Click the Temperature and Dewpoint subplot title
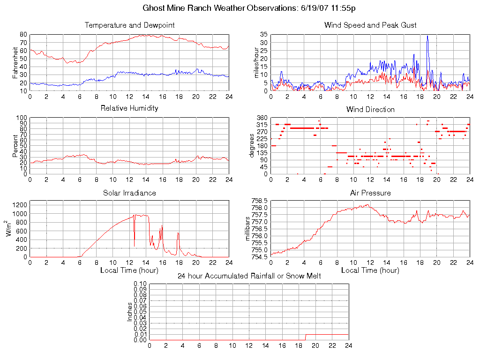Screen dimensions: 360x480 pos(128,25)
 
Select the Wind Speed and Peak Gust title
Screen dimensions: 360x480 pos(370,25)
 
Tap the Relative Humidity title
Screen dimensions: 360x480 pos(129,108)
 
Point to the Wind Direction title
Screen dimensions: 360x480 pos(370,109)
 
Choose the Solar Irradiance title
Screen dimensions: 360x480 pos(129,193)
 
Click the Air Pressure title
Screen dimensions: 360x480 pos(370,193)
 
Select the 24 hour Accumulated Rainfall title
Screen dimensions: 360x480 pos(249,276)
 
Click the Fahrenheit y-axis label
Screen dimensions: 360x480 pos(15,62)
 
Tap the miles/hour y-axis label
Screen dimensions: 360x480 pos(256,62)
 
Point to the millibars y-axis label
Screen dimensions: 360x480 pos(249,229)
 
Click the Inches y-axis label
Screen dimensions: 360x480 pos(130,312)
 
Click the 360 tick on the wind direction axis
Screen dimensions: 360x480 pos(262,118)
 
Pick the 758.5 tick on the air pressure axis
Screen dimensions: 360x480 pos(259,201)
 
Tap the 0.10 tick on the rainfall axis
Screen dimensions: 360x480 pos(140,284)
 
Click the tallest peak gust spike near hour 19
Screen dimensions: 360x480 pos(427,36)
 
